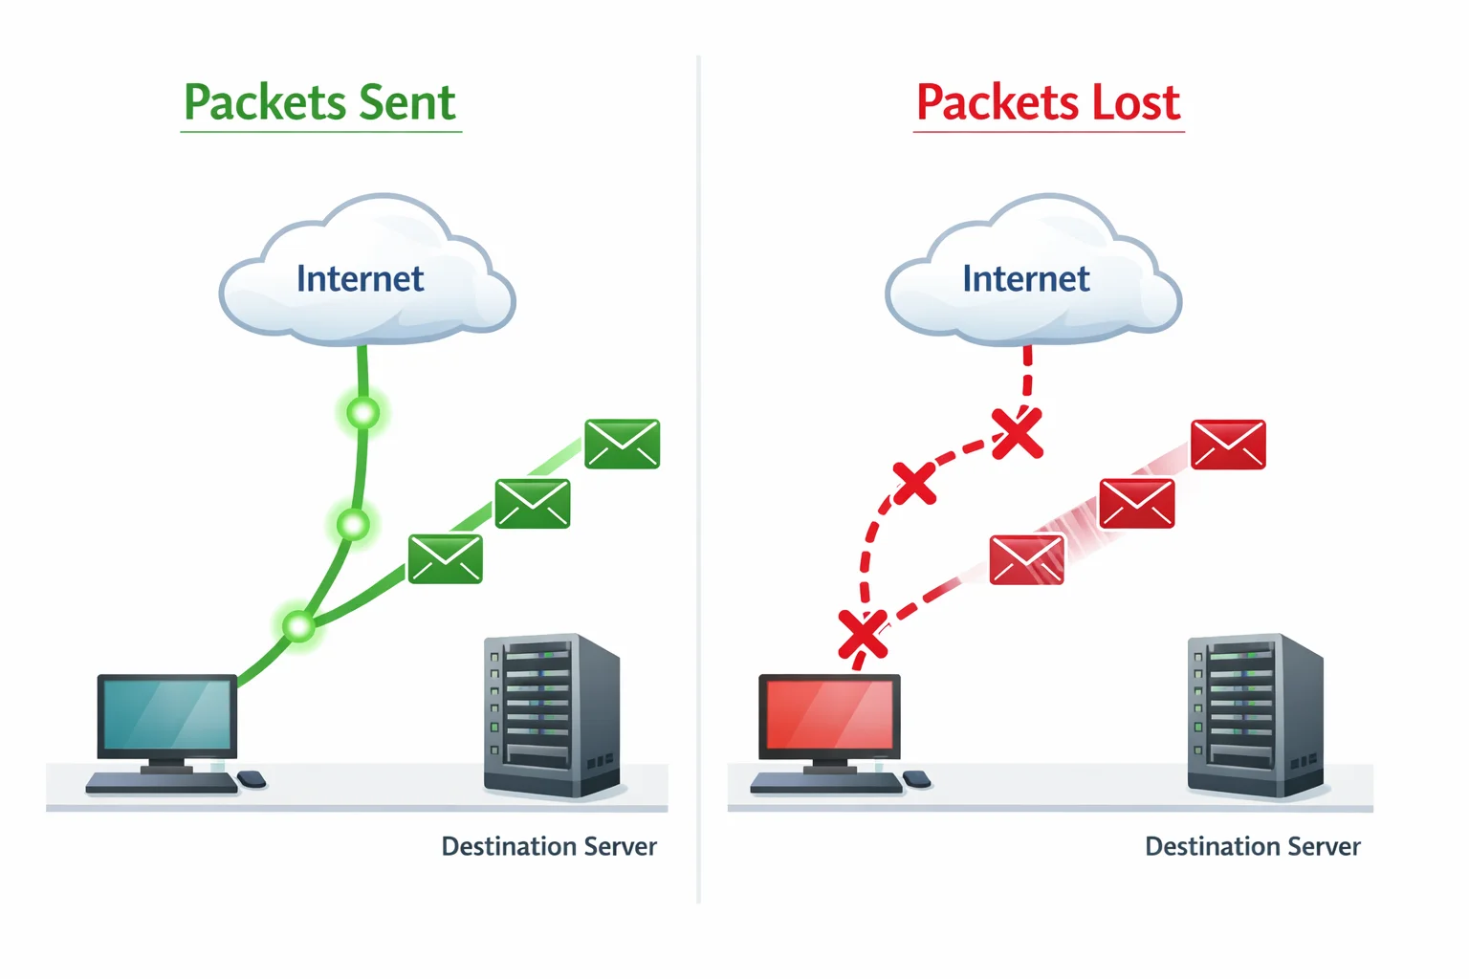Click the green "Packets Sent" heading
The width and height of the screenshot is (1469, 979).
(319, 102)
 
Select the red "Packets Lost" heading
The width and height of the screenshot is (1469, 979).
(1048, 102)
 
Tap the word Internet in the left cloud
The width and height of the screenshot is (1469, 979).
(360, 278)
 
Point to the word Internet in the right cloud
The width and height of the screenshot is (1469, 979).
(1025, 278)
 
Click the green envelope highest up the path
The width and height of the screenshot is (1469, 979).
(623, 444)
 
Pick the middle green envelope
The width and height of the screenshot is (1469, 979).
(533, 503)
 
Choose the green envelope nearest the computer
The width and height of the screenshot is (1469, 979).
(446, 558)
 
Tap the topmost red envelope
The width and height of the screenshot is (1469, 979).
(1228, 445)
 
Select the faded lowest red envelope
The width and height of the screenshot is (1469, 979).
(1026, 559)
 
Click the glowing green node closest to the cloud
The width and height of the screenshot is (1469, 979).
(363, 413)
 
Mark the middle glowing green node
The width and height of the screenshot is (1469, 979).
(353, 524)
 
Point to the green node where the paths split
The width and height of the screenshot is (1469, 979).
(299, 626)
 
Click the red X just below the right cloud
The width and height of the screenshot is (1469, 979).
(1017, 433)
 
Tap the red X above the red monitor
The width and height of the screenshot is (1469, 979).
(863, 634)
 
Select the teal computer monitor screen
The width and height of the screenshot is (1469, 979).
(167, 714)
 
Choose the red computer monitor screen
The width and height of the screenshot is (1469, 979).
(829, 714)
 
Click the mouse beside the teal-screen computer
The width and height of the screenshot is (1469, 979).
(252, 779)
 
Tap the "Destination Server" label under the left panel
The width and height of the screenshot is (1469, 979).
(549, 846)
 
